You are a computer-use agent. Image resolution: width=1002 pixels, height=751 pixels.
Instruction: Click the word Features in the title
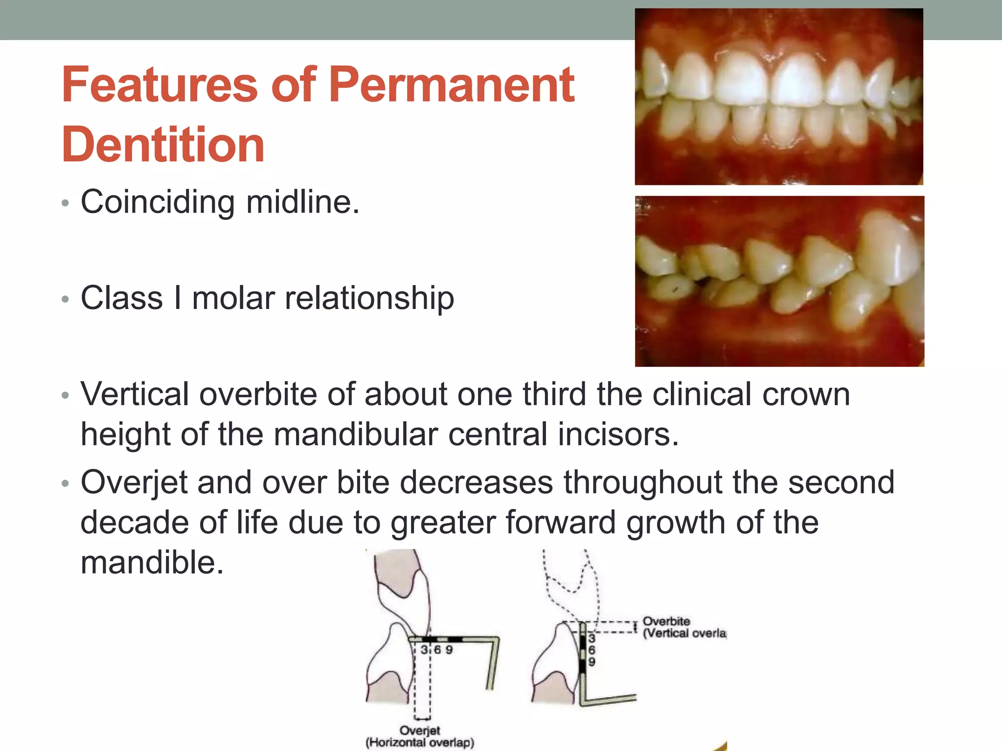pyautogui.click(x=159, y=86)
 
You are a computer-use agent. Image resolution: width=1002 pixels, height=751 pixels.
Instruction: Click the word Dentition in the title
pyautogui.click(x=163, y=145)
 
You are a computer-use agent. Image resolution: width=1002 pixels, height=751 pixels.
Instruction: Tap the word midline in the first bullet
pyautogui.click(x=302, y=202)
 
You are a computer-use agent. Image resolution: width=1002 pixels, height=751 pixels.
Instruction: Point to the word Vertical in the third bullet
pyautogui.click(x=135, y=394)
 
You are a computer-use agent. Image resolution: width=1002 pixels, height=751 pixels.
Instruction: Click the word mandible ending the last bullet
pyautogui.click(x=152, y=562)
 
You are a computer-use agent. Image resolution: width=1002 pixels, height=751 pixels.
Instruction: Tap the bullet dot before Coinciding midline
pyautogui.click(x=66, y=203)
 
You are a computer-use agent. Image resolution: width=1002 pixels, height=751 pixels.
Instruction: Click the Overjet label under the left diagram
pyautogui.click(x=420, y=730)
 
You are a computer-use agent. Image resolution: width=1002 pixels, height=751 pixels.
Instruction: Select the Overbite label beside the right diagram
pyautogui.click(x=666, y=621)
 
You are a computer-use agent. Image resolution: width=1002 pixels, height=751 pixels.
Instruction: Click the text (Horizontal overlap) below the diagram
pyautogui.click(x=420, y=743)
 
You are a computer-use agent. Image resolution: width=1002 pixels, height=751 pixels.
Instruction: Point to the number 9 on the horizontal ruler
pyautogui.click(x=449, y=650)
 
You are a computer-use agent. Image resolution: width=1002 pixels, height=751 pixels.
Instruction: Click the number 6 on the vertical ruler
pyautogui.click(x=592, y=650)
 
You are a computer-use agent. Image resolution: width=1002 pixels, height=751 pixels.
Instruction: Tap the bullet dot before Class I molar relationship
pyautogui.click(x=66, y=299)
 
